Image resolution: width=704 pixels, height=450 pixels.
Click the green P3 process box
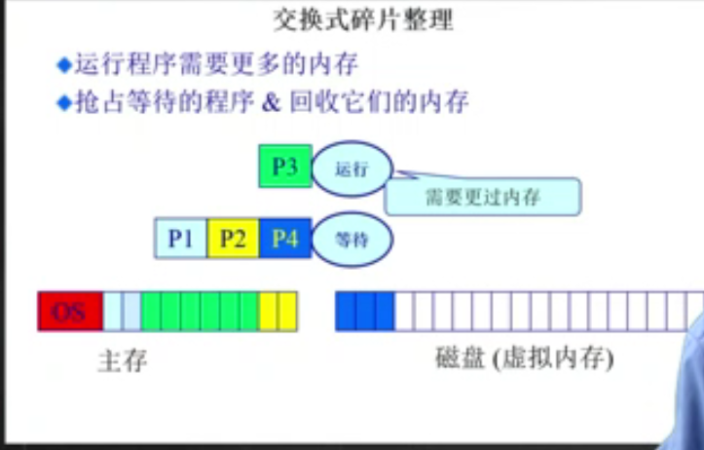tap(284, 167)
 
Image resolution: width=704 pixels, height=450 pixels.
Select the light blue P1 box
tap(180, 238)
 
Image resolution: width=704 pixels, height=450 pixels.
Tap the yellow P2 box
tap(233, 238)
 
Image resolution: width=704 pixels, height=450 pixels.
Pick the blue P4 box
tap(285, 238)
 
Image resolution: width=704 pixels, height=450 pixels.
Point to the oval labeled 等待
tap(352, 239)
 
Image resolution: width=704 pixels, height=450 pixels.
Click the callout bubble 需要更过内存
tap(483, 198)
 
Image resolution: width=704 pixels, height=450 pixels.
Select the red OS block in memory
tap(70, 312)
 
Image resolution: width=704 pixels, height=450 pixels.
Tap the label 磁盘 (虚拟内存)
tap(524, 359)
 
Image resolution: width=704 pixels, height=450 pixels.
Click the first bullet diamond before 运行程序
tap(64, 66)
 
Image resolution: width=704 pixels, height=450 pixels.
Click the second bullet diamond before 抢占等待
tap(64, 101)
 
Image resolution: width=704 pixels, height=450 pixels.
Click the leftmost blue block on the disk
tap(345, 312)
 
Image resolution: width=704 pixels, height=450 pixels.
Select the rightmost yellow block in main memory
tap(286, 312)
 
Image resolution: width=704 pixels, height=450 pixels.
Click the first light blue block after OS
tap(113, 312)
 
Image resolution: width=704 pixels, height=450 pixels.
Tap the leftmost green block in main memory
tap(151, 312)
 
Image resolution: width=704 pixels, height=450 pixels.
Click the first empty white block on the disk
tap(404, 312)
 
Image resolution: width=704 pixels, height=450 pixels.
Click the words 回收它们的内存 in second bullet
tap(381, 101)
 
